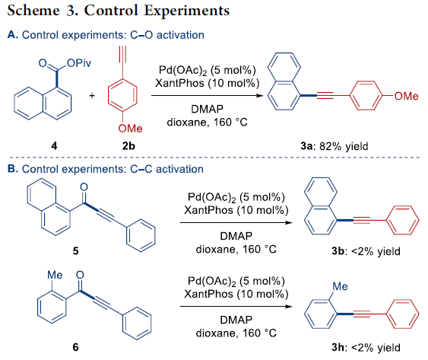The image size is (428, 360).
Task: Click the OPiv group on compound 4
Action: (x=79, y=63)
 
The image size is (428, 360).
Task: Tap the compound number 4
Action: (x=54, y=146)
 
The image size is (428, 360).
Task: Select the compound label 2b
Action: (x=128, y=146)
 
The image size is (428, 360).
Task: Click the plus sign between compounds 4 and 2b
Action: (x=92, y=96)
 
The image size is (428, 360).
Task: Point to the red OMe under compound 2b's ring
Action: (x=130, y=128)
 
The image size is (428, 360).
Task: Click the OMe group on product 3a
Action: (x=406, y=96)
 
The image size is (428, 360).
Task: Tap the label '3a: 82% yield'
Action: (x=334, y=146)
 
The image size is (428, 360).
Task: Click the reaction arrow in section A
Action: (x=208, y=95)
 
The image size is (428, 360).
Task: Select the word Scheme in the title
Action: (x=33, y=11)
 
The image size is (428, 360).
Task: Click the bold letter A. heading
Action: (x=13, y=35)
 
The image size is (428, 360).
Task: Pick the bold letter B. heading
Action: (x=13, y=169)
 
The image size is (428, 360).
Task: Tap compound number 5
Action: (x=75, y=250)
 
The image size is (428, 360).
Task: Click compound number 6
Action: (x=75, y=347)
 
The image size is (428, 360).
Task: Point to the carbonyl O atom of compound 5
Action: (x=84, y=187)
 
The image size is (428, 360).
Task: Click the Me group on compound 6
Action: (x=55, y=275)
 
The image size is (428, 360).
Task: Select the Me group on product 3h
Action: (x=340, y=286)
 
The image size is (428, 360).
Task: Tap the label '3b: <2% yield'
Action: (x=366, y=251)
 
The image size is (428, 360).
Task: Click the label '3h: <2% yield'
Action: (x=366, y=348)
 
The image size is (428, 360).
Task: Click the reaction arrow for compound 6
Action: (x=236, y=307)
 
